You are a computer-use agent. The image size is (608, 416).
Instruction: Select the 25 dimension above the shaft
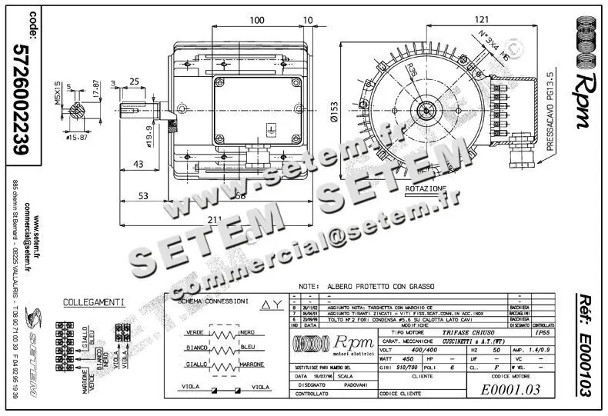[134, 82]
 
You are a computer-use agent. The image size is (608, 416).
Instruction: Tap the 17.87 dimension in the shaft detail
[95, 88]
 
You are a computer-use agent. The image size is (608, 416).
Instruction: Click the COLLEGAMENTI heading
[94, 302]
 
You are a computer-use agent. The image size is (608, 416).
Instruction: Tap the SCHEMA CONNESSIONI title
[213, 301]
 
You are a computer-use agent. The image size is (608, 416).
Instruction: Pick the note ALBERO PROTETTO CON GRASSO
[372, 284]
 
